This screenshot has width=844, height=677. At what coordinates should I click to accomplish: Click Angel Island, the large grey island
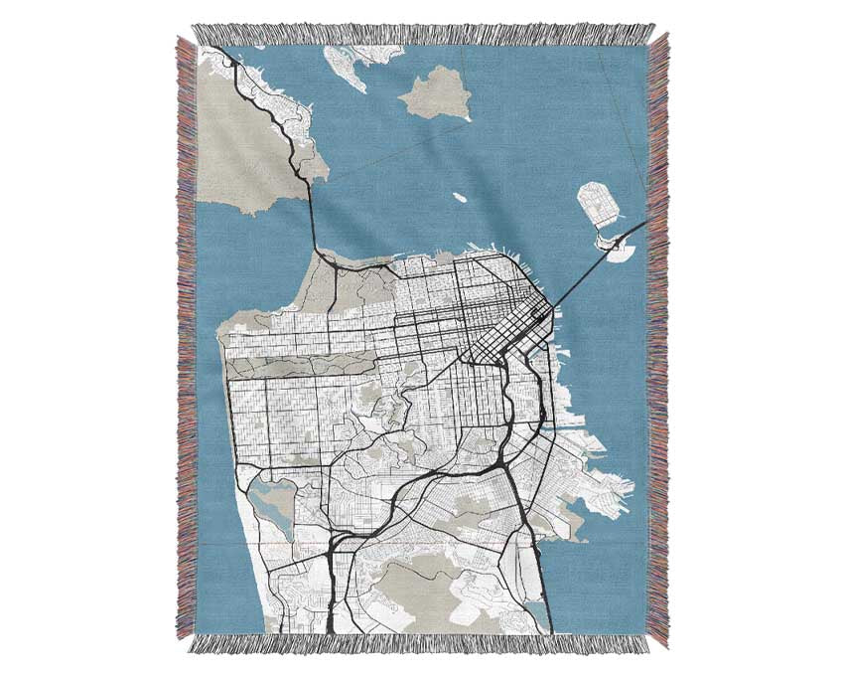(x=435, y=94)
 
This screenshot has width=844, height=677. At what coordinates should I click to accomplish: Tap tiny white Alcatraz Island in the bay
(x=460, y=197)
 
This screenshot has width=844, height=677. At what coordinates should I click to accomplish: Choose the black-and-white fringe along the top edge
(x=422, y=35)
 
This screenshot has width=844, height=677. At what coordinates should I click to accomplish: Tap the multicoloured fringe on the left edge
(x=186, y=338)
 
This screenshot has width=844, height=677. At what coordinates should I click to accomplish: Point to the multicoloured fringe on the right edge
(x=657, y=338)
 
